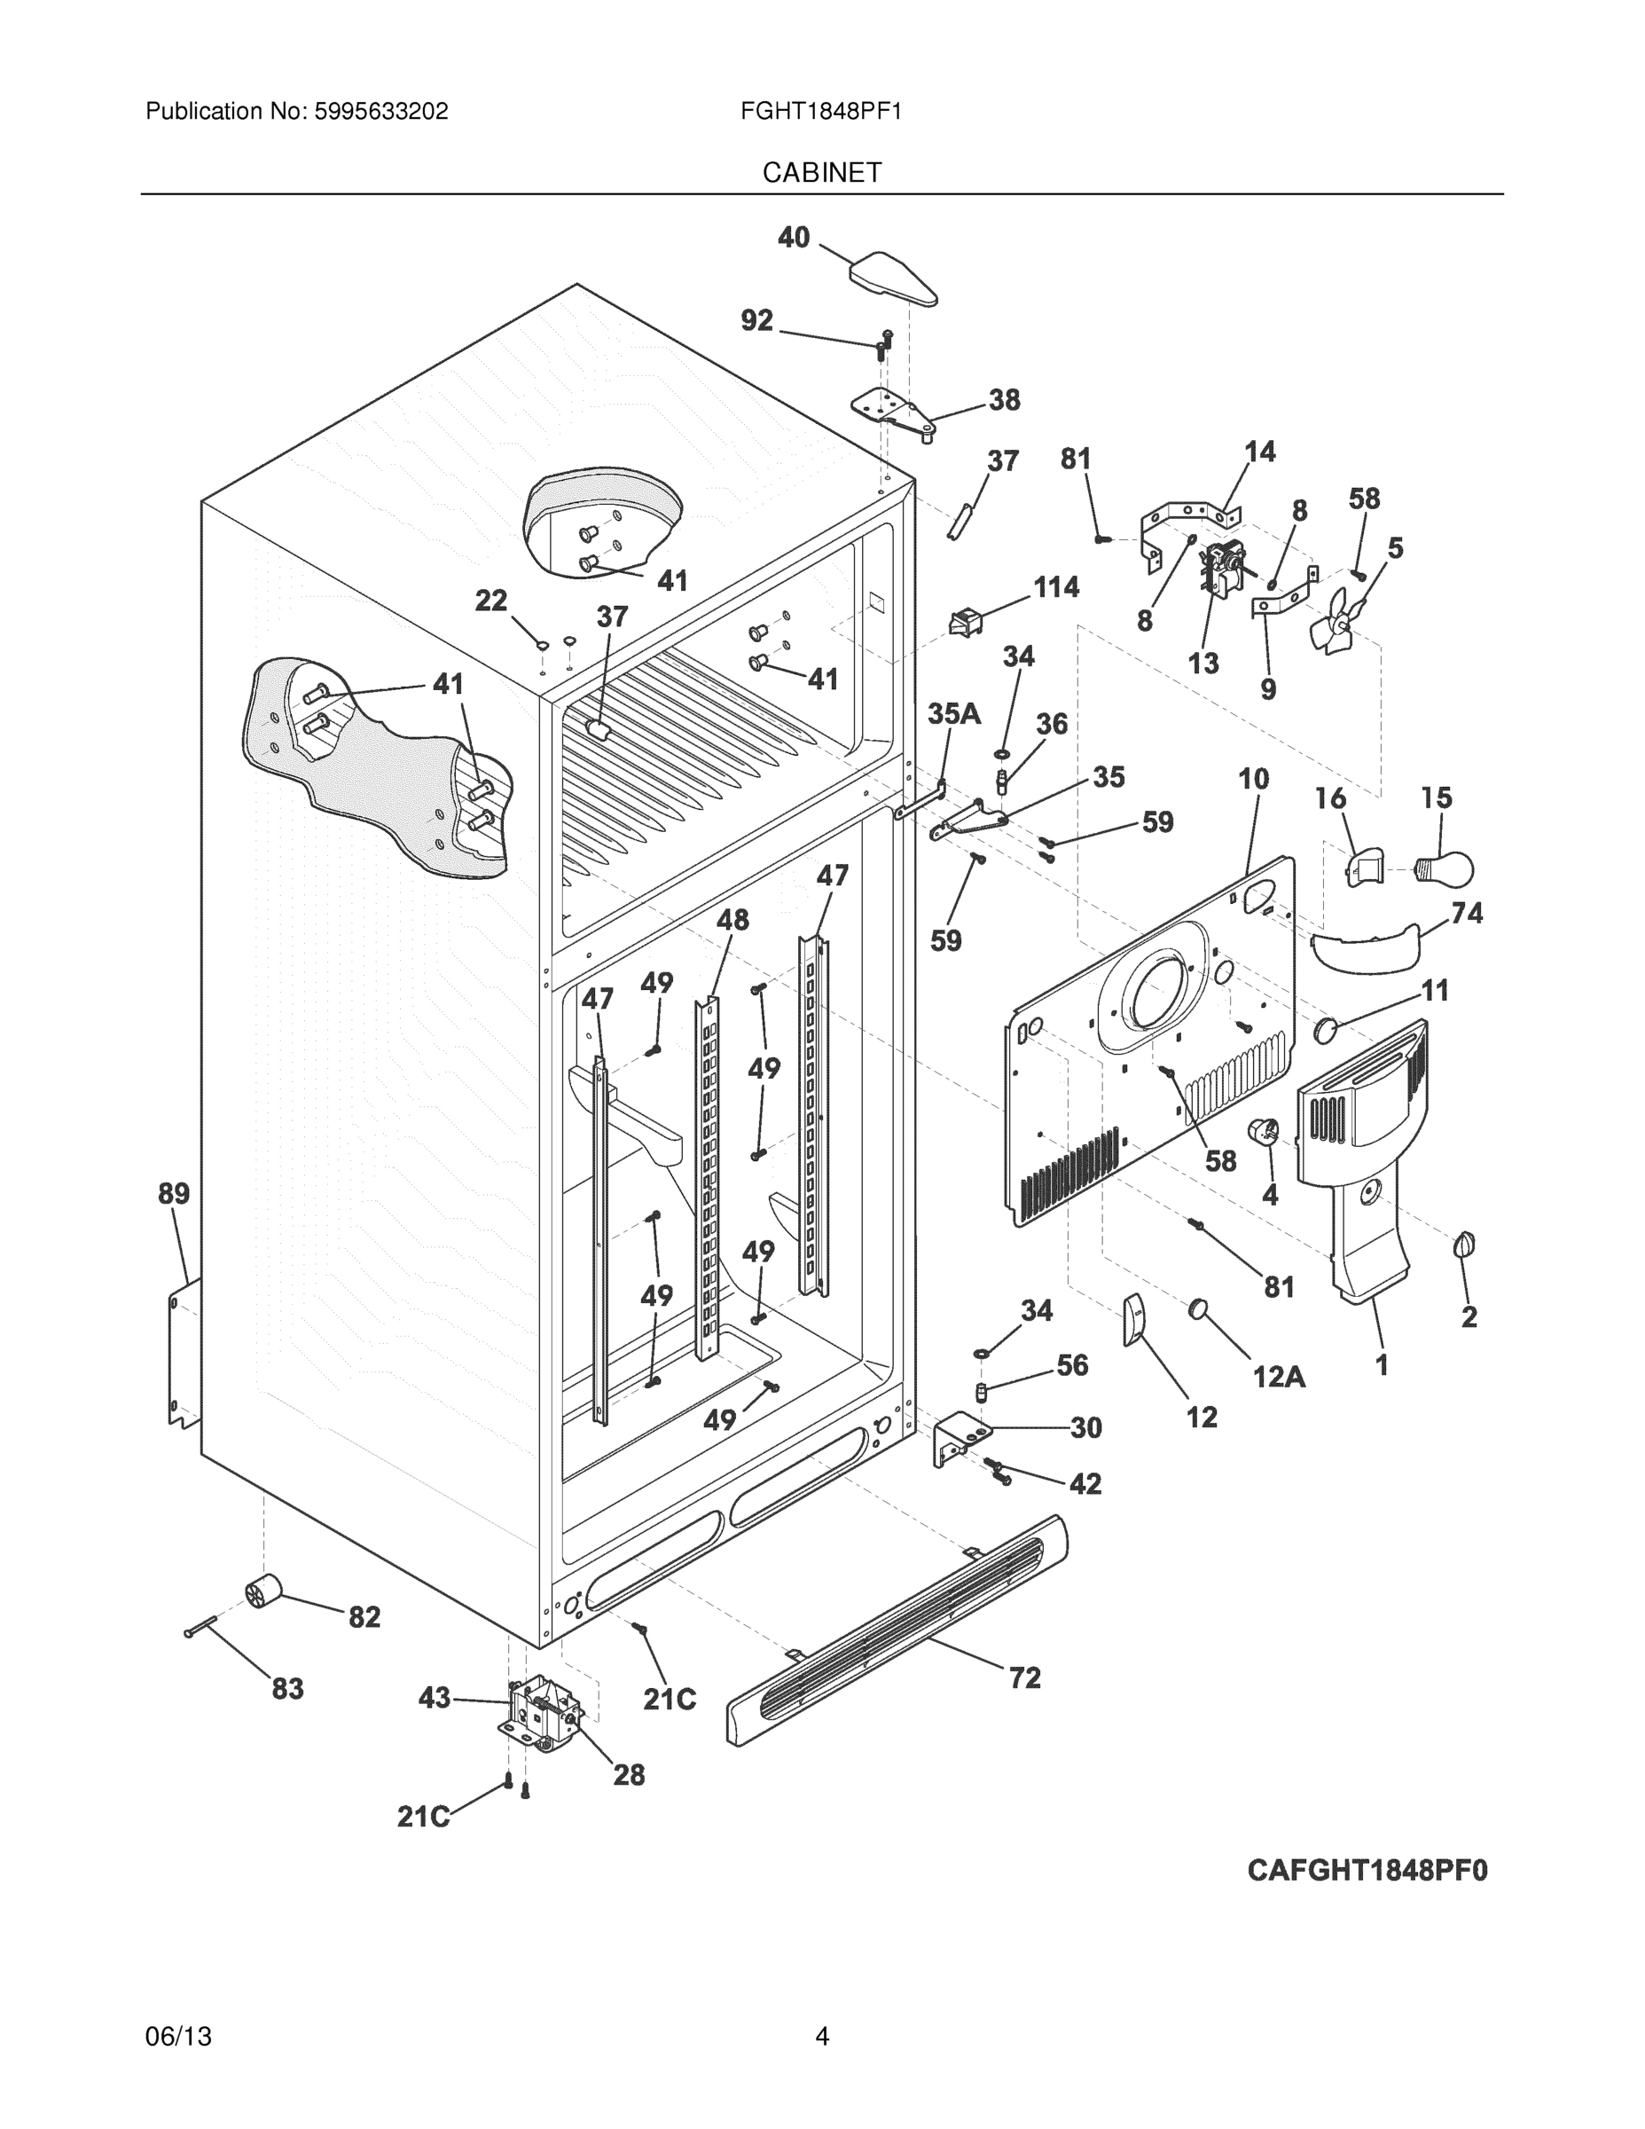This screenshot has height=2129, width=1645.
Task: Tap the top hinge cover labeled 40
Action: tap(893, 277)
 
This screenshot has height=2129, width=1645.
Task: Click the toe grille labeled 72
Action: tap(897, 1629)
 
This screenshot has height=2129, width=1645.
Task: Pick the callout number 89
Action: tap(175, 1193)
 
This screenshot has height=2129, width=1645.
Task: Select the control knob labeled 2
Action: tap(1464, 1245)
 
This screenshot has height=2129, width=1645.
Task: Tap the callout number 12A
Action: tap(1279, 1377)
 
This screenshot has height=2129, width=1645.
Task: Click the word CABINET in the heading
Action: tap(821, 173)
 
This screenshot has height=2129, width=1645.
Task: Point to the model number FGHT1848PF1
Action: tap(820, 111)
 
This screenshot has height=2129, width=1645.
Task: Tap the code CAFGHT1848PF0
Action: tap(1367, 1871)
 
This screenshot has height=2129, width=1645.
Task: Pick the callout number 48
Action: tap(732, 919)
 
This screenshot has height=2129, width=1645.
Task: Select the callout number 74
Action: tap(1467, 913)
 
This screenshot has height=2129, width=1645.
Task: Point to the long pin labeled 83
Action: tap(201, 1625)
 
